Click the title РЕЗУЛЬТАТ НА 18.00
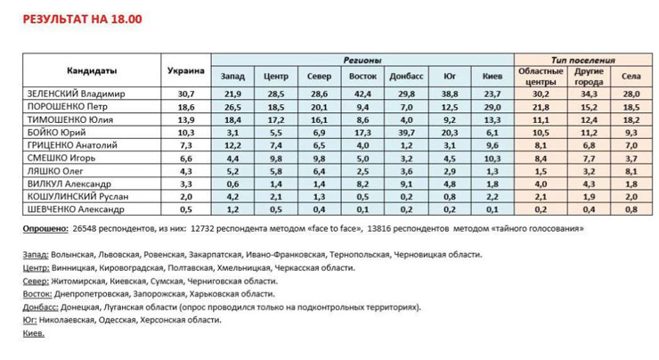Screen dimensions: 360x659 82,18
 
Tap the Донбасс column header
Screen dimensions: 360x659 407,77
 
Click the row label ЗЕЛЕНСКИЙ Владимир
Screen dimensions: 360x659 77,93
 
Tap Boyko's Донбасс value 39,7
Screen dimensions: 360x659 407,132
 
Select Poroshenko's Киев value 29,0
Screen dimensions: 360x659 492,106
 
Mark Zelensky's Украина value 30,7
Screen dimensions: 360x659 186,93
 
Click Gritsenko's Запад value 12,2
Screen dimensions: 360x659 232,144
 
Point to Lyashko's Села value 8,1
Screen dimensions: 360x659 631,170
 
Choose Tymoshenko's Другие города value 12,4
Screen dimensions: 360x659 589,119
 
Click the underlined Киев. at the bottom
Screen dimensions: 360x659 33,332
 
